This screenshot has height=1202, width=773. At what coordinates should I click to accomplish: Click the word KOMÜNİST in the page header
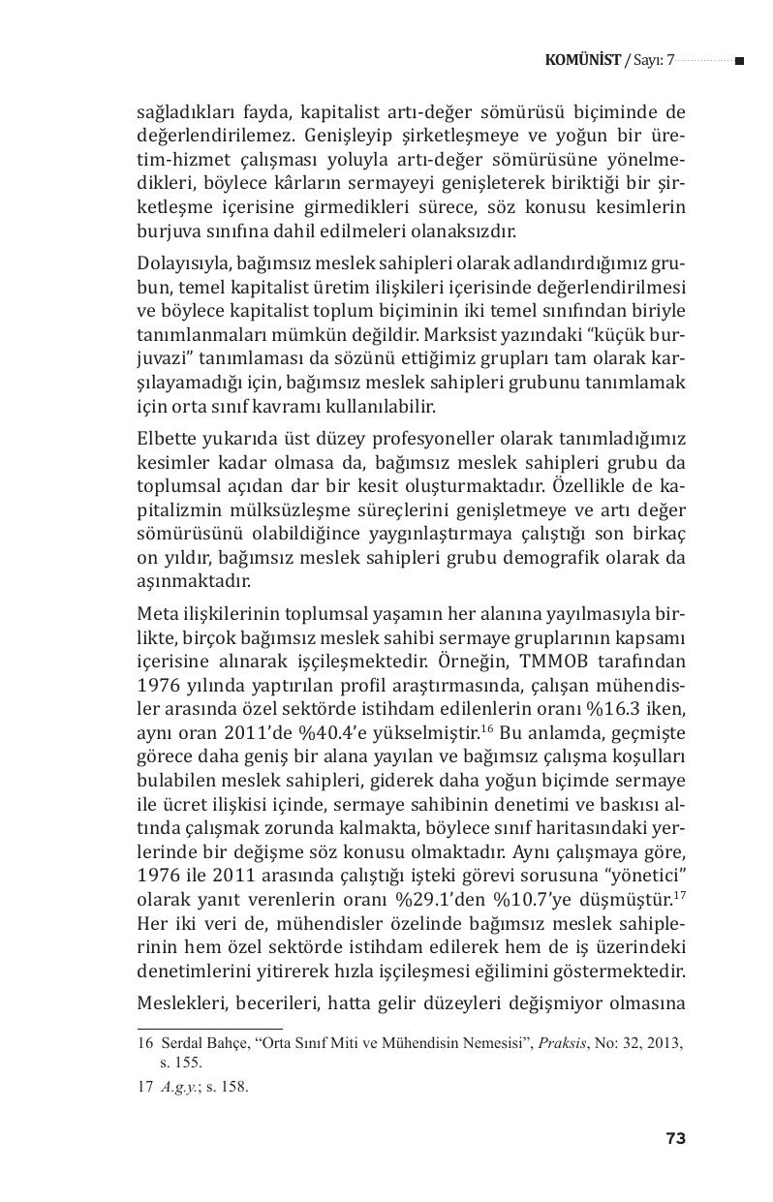pos(583,61)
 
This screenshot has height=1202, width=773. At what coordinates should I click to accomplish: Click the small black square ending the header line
pos(739,61)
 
